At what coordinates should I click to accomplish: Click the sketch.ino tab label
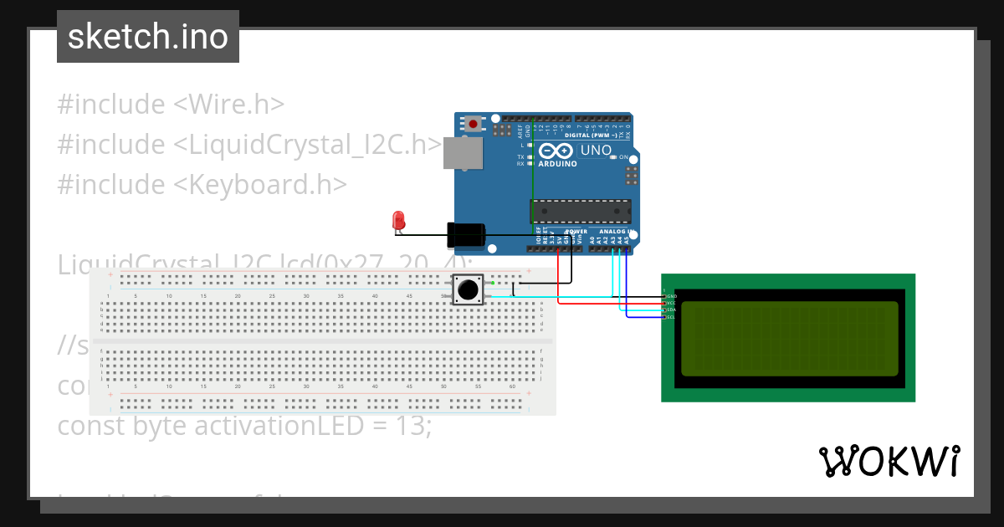[148, 37]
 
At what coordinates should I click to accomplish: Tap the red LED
[399, 221]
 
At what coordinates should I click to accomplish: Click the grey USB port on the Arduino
[462, 154]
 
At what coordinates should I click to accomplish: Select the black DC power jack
[467, 235]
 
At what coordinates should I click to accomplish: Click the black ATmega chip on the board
[581, 212]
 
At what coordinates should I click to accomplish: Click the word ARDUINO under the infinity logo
[557, 164]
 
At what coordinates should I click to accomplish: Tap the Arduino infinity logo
[556, 151]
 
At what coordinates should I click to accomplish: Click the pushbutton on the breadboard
[467, 290]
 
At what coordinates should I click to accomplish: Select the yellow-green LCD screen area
[789, 338]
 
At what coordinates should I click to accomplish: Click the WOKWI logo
[889, 461]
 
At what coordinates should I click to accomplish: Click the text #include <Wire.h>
[171, 105]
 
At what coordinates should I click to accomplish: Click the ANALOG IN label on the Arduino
[613, 231]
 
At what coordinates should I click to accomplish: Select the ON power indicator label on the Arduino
[623, 157]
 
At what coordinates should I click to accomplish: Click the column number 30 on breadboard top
[306, 296]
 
